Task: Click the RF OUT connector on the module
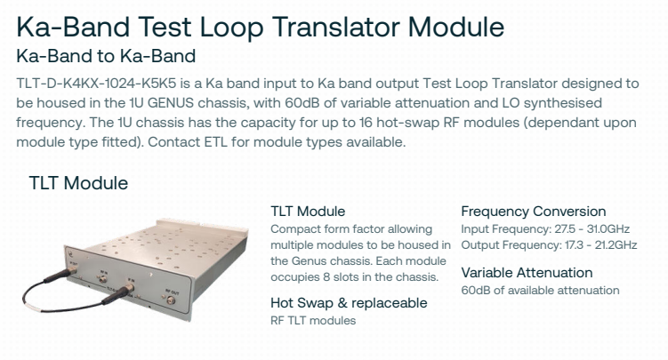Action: (x=172, y=300)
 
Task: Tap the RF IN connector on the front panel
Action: (x=102, y=279)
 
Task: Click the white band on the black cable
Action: (x=33, y=307)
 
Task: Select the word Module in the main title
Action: (x=455, y=27)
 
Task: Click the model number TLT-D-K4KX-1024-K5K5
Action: (x=96, y=84)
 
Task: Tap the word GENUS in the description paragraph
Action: (x=171, y=103)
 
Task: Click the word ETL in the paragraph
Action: (x=216, y=142)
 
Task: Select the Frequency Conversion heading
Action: (x=534, y=212)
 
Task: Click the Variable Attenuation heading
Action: (x=527, y=273)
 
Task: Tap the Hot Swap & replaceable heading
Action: (x=349, y=303)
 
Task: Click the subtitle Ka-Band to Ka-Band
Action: (x=106, y=56)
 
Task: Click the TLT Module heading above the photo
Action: (x=78, y=183)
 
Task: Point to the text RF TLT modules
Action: (x=313, y=320)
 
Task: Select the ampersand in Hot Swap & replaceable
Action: (x=342, y=303)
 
